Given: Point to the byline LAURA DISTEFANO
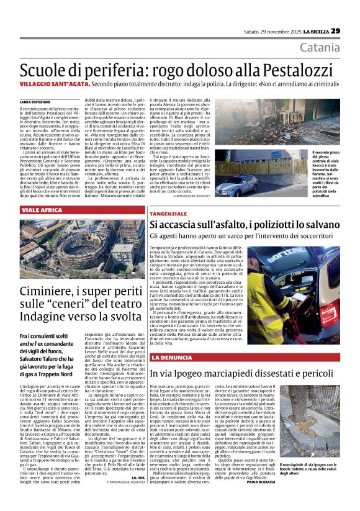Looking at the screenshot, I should [34, 101].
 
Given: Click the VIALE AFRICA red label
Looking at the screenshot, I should [42, 210].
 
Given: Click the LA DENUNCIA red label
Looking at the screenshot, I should [173, 358].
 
